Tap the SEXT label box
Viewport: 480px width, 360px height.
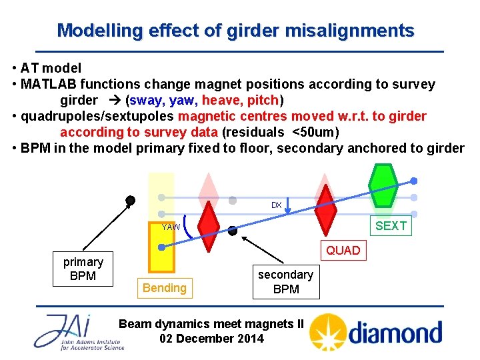tap(391, 226)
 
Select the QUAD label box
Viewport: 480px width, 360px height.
tap(343, 251)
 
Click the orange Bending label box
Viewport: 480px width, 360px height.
tap(164, 287)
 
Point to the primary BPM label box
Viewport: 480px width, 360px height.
tap(83, 269)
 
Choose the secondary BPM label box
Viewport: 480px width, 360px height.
tap(285, 281)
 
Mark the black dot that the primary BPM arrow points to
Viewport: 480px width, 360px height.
tap(131, 200)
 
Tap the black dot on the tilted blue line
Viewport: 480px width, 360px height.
tap(232, 231)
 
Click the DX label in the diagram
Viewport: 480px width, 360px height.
tap(276, 205)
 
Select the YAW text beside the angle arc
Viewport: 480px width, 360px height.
tap(171, 227)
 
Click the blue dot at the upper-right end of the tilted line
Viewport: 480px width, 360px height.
tap(414, 181)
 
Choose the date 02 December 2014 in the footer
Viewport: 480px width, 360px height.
tap(211, 338)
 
